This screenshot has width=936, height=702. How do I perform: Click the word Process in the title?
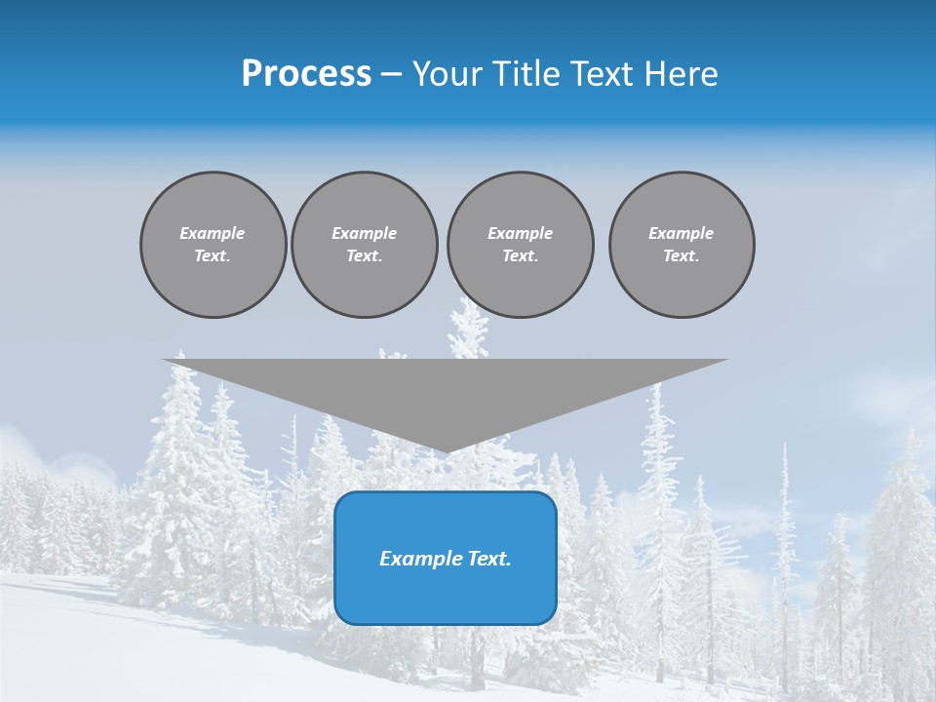(306, 74)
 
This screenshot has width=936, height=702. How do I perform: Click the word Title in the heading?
(525, 74)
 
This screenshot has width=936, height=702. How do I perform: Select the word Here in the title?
(682, 74)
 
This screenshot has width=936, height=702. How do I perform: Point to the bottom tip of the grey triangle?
(446, 450)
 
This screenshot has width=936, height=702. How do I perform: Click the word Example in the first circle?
(213, 233)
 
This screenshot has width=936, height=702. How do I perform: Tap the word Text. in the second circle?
(364, 256)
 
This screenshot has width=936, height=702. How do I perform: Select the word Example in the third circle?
(520, 233)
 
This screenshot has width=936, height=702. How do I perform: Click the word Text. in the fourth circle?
(682, 256)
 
